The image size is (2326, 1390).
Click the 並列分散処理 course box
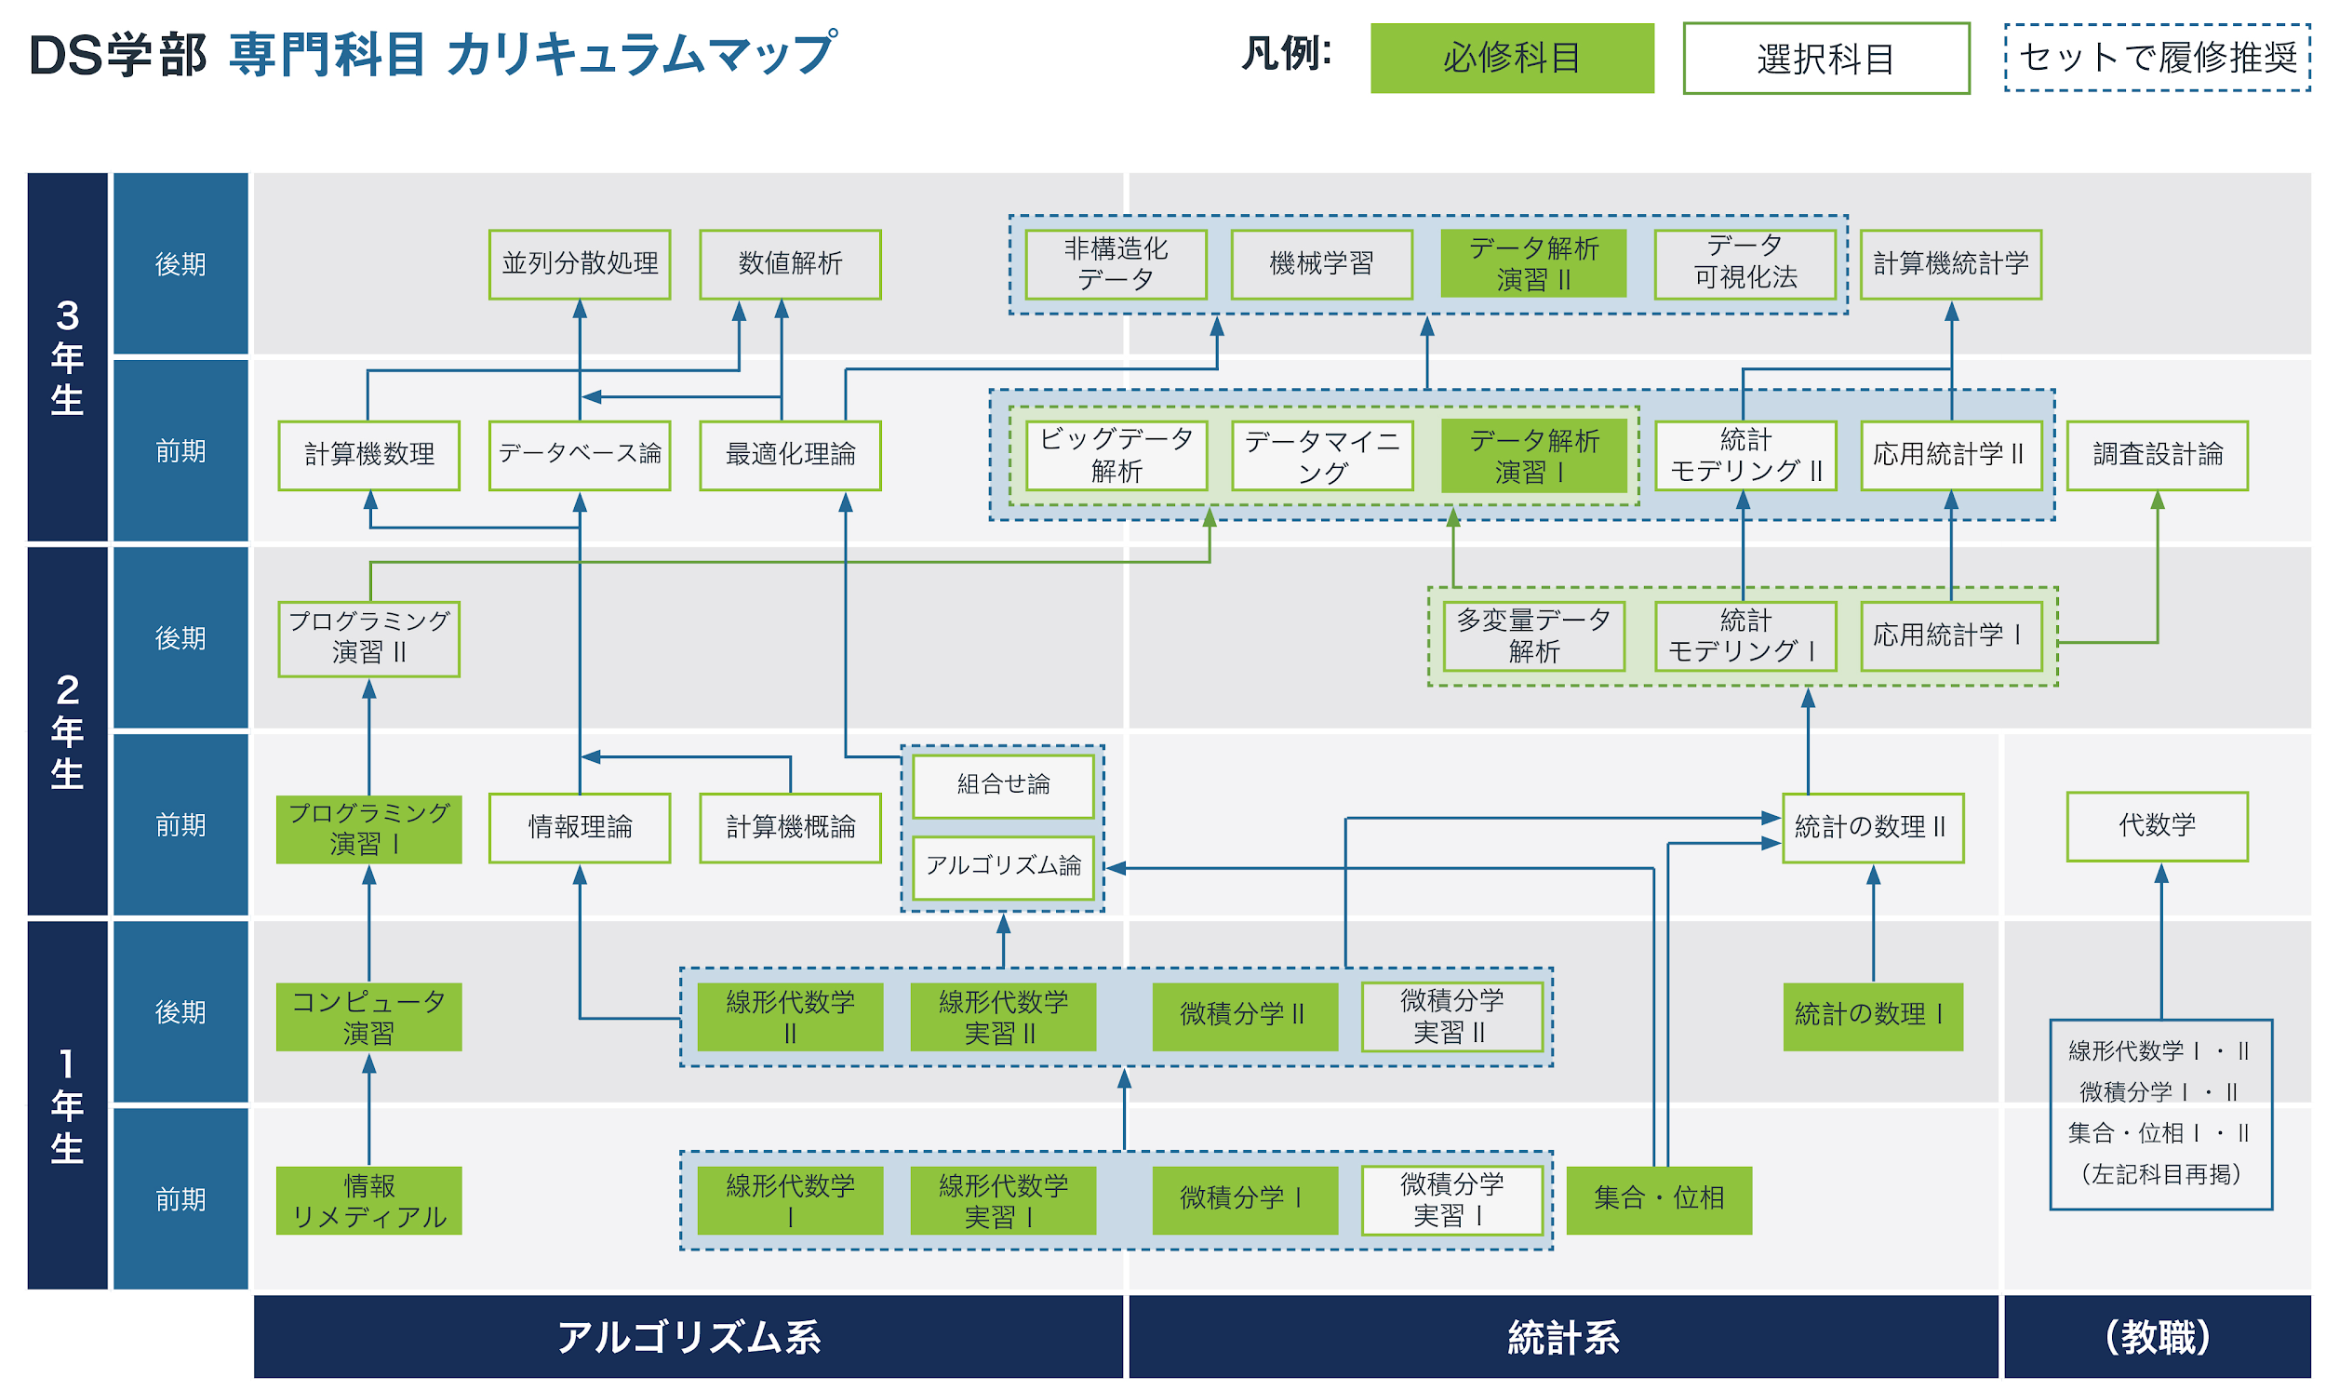580,264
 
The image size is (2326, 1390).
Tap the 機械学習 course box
1321,264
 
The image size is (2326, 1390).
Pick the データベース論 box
580,455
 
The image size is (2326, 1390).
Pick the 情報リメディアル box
369,1201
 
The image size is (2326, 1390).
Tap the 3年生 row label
67,357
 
